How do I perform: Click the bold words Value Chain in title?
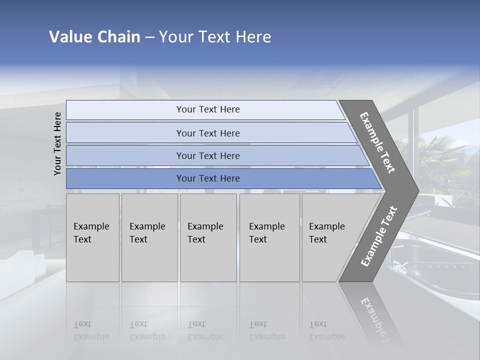(x=94, y=37)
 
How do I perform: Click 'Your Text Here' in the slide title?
(x=215, y=37)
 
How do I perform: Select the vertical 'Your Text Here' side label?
(x=57, y=143)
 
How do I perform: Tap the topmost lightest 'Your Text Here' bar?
(x=207, y=109)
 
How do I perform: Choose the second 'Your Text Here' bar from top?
(x=207, y=133)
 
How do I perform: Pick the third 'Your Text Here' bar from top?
(x=207, y=155)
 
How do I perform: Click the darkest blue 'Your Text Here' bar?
(x=207, y=178)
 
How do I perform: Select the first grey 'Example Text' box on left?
(x=92, y=237)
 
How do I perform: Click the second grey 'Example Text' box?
(x=149, y=237)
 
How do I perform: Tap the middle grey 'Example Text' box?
(x=208, y=237)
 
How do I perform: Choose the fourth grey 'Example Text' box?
(x=269, y=237)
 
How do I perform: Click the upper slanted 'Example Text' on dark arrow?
(x=377, y=142)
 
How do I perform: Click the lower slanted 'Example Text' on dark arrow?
(x=379, y=236)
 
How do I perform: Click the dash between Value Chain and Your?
(x=149, y=37)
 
